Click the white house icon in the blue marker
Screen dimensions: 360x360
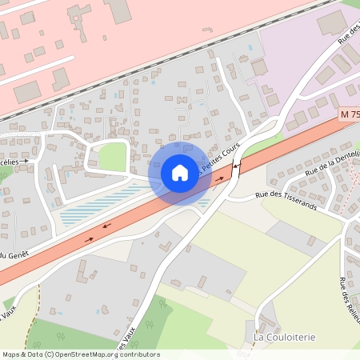tap(180, 172)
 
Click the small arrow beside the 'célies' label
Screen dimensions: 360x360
tap(25, 161)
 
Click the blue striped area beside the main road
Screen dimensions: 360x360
tap(96, 206)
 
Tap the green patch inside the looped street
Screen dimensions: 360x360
tap(113, 157)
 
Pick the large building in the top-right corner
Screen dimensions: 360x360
tap(332, 22)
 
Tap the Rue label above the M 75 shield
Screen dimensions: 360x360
tap(345, 37)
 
